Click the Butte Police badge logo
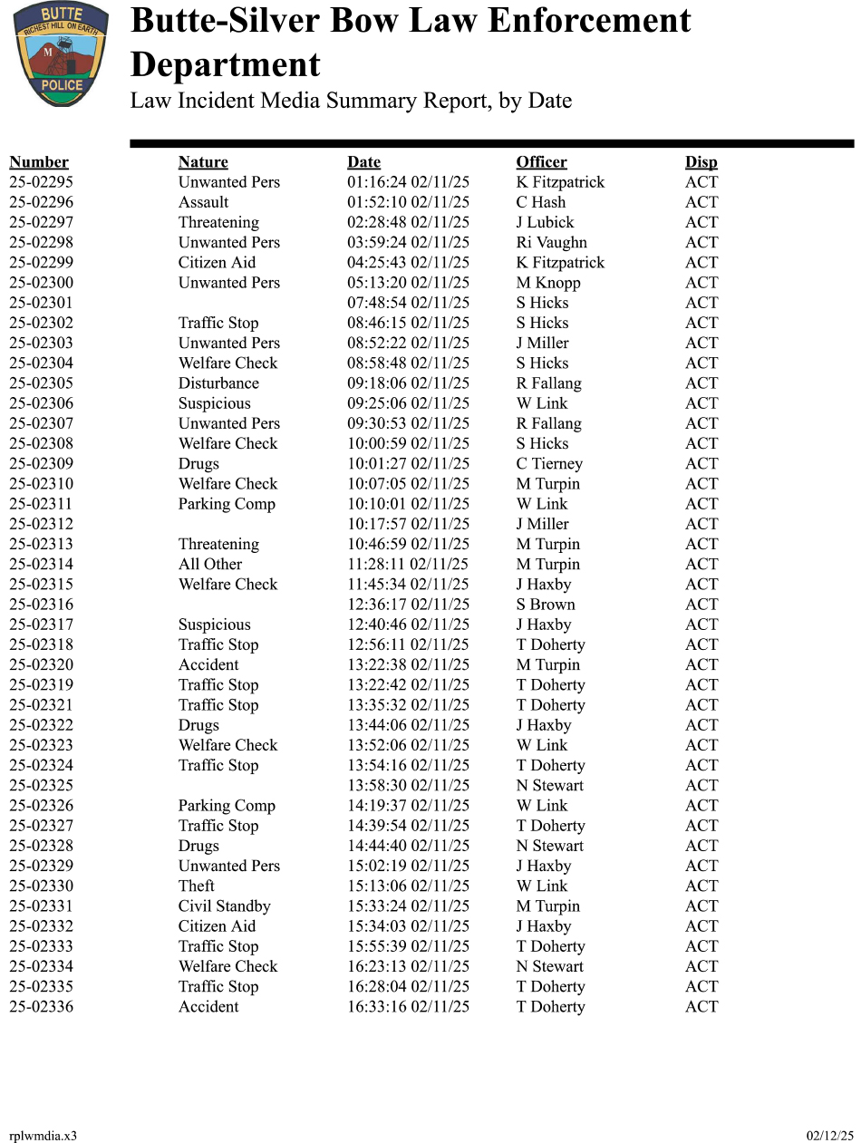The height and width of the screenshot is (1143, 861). [x=61, y=54]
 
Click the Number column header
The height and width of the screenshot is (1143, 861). [x=39, y=162]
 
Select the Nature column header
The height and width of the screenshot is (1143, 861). [x=203, y=162]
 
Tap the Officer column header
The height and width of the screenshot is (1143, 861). [x=541, y=162]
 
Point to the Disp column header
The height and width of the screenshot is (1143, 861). [x=701, y=162]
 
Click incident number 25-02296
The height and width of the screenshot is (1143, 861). [x=42, y=202]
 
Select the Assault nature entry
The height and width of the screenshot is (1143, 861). [x=203, y=202]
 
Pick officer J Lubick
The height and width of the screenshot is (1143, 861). [x=545, y=222]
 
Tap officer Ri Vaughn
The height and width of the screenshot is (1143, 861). [x=551, y=242]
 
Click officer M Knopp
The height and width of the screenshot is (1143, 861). [x=548, y=283]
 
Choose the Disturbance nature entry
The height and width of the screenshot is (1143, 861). [x=218, y=383]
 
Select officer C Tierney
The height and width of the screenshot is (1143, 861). [x=549, y=464]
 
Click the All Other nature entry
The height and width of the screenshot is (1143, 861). [x=210, y=564]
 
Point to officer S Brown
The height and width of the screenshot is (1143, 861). [x=546, y=605]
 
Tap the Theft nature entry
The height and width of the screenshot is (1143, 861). [x=197, y=886]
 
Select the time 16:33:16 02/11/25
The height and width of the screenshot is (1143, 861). [x=408, y=1007]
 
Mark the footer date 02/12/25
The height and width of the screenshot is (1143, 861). [x=830, y=1136]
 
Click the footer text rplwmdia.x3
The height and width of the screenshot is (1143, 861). [x=43, y=1136]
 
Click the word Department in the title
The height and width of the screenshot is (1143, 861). [x=226, y=65]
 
